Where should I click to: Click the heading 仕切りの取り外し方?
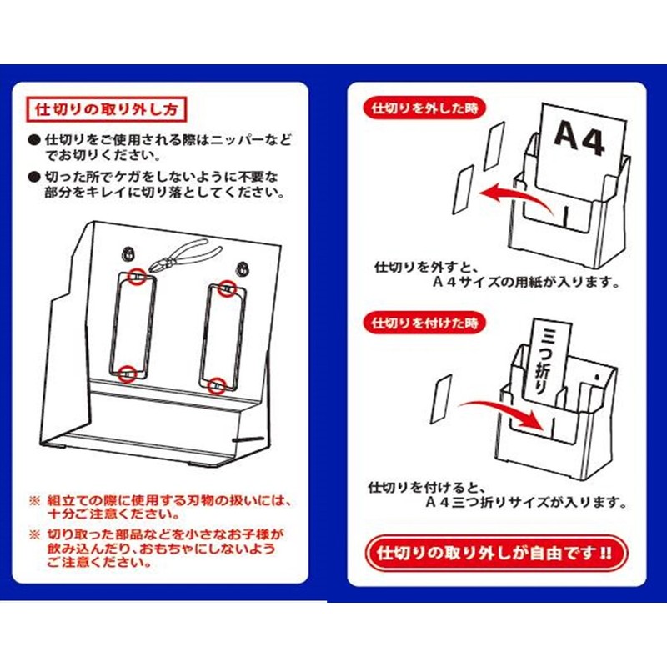(x=107, y=110)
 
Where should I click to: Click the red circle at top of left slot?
(x=137, y=277)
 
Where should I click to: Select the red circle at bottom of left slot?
(x=128, y=374)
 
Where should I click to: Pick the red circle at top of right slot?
(x=228, y=289)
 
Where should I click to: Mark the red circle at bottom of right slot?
(x=217, y=385)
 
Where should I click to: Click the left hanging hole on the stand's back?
(x=128, y=253)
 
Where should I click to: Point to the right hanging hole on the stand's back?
(x=243, y=268)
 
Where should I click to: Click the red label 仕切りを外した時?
(x=424, y=108)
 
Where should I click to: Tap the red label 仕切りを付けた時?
(x=424, y=323)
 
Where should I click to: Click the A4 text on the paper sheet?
(x=579, y=138)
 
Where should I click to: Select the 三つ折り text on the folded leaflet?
(x=540, y=362)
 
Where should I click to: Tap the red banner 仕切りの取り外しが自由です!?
(x=497, y=554)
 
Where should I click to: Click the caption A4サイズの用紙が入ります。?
(x=526, y=282)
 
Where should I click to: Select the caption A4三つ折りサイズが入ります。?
(x=526, y=503)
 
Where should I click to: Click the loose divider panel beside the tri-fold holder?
(x=441, y=399)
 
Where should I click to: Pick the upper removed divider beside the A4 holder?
(x=494, y=146)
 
